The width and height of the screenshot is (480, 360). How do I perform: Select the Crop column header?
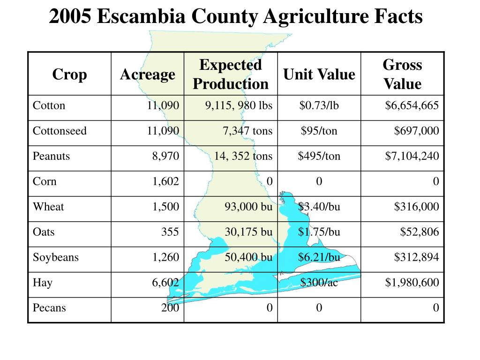click(69, 75)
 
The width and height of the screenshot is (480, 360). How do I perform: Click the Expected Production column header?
click(231, 75)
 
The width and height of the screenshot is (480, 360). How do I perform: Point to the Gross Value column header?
click(402, 75)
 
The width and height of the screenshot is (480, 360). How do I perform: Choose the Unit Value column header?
click(319, 75)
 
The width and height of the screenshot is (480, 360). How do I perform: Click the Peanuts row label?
click(51, 156)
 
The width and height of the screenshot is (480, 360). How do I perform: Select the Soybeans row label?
click(56, 257)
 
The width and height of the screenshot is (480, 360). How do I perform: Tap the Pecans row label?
click(49, 308)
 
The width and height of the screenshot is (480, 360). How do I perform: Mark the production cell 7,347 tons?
click(247, 131)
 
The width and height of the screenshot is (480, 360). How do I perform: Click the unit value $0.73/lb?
click(319, 105)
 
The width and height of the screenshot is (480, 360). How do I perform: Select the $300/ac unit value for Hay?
click(319, 283)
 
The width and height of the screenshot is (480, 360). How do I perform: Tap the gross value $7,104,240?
click(412, 156)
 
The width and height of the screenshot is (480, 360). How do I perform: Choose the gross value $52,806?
click(420, 232)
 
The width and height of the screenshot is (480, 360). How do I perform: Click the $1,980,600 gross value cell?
click(412, 283)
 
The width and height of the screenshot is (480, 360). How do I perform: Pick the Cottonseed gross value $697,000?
click(416, 131)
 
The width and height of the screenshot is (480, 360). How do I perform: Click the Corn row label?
click(45, 181)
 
